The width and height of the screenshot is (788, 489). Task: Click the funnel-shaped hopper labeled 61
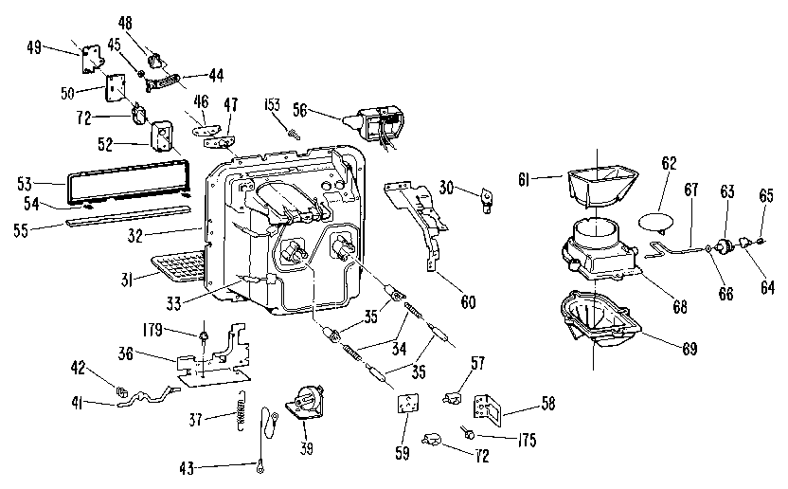pyautogui.click(x=600, y=184)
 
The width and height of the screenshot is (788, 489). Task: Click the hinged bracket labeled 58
pyautogui.click(x=489, y=405)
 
